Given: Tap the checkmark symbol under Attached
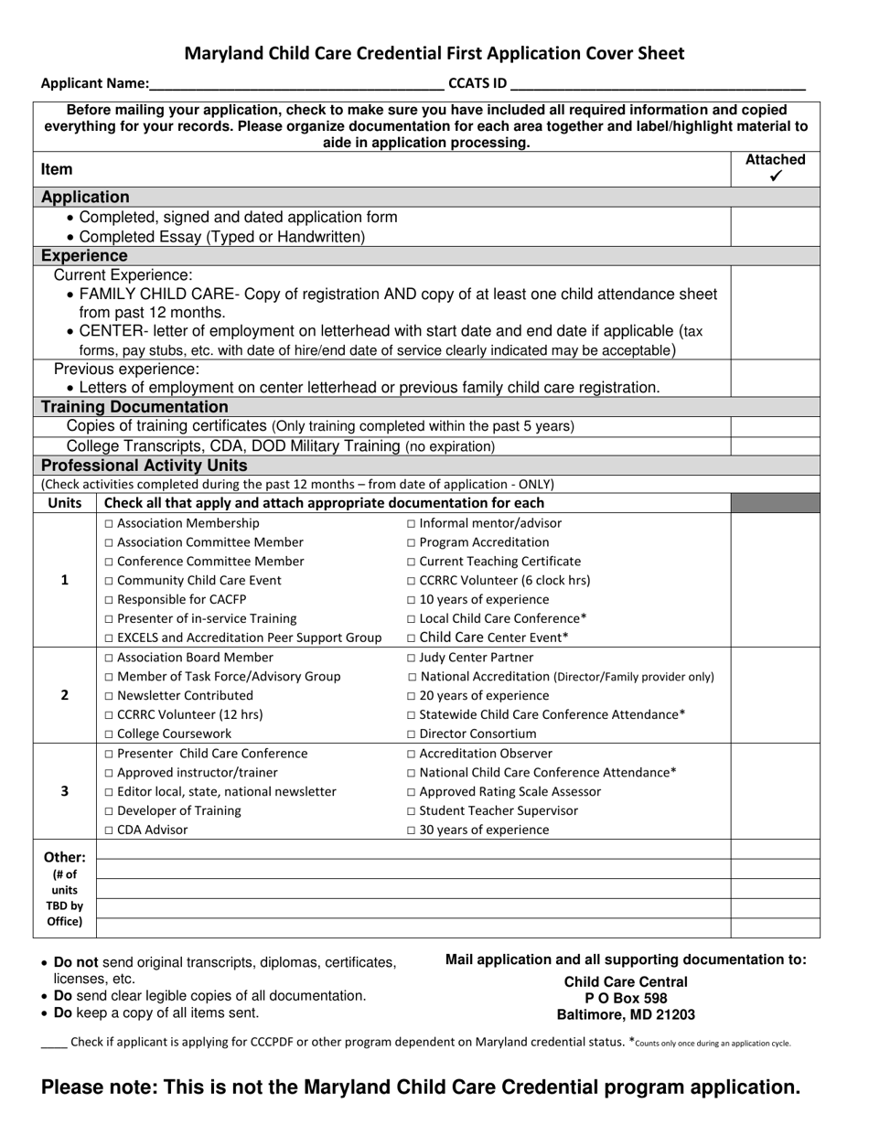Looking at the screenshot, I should tap(776, 177).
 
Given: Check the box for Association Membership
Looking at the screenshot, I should tap(110, 524).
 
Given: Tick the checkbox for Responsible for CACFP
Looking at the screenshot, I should tap(110, 600).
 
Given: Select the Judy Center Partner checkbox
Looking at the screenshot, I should tap(411, 658).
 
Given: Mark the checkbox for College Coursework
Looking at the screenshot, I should tap(110, 734).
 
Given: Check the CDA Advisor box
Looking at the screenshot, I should tap(110, 830).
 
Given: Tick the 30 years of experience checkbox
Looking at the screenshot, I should tap(411, 830).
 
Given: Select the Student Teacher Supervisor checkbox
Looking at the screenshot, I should tap(411, 811).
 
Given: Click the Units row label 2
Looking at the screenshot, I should tap(64, 695).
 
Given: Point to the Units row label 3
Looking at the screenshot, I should tap(64, 791).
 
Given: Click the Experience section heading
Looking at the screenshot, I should tap(84, 256).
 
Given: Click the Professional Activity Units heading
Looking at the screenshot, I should tap(145, 466).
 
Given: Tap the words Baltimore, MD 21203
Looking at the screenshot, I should tap(626, 1015).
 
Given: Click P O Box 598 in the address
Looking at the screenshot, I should tap(626, 999).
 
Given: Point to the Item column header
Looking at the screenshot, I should tap(57, 169).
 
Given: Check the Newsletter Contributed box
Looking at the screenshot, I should tap(110, 696).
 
